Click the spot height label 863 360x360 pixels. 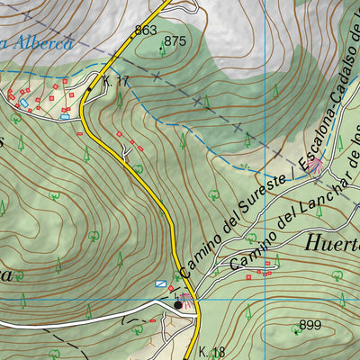(146, 31)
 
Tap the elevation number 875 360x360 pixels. (175, 40)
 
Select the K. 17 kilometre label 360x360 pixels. (116, 82)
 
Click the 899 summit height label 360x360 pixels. (310, 325)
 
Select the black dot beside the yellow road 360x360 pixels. (179, 305)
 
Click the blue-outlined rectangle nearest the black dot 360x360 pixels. (161, 283)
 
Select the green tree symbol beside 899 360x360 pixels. (297, 330)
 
